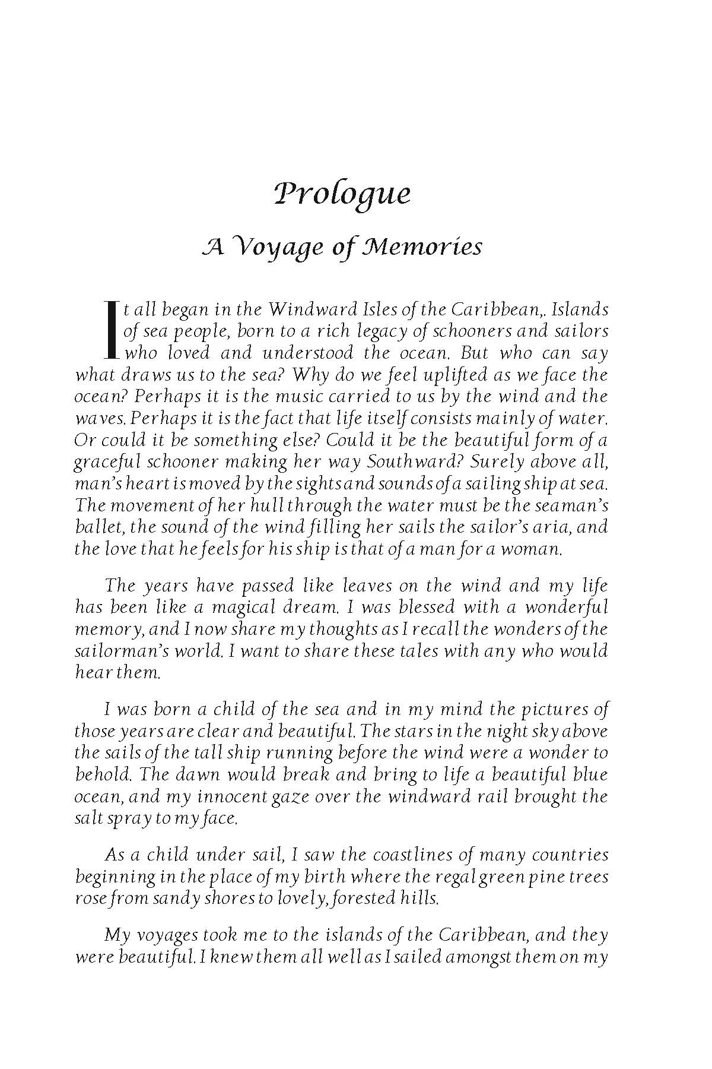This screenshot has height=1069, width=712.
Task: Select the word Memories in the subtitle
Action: (x=422, y=245)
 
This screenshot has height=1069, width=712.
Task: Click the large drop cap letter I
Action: (x=110, y=330)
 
